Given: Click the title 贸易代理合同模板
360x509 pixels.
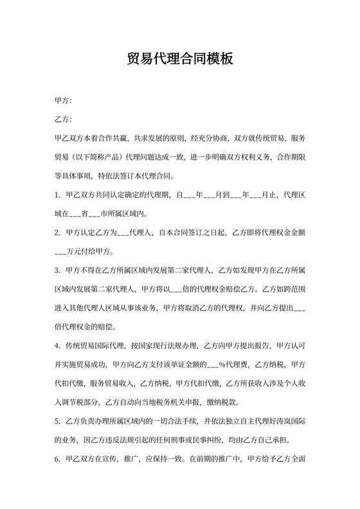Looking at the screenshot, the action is click(179, 59).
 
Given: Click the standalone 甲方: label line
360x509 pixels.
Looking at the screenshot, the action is click(63, 100).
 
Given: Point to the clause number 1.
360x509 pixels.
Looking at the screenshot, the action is click(57, 193).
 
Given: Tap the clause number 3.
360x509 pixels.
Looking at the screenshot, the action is click(57, 272).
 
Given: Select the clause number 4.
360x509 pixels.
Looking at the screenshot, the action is click(57, 346).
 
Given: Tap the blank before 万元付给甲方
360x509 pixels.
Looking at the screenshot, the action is click(64, 252).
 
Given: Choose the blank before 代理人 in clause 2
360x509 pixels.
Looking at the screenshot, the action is click(123, 233).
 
